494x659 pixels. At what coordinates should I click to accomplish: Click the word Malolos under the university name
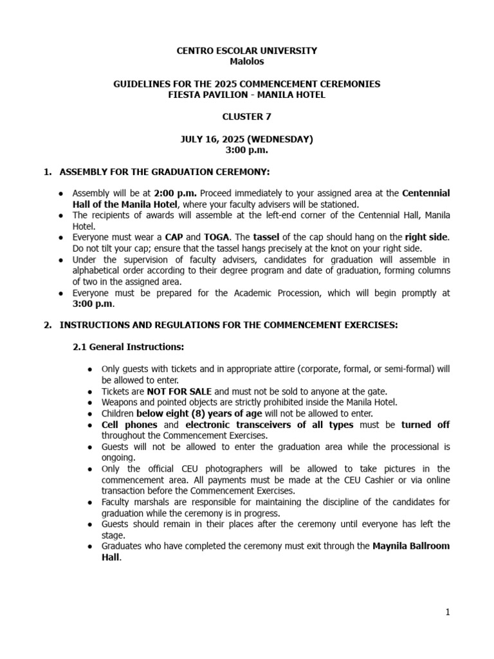point(247,62)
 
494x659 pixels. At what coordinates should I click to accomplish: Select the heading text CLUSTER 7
point(247,117)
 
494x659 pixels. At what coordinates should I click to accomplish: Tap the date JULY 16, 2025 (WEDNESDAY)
point(247,139)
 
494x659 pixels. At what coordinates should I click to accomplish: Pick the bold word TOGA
point(217,237)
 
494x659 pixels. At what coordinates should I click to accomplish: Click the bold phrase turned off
point(425,425)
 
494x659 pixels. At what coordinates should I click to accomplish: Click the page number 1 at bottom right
point(448,613)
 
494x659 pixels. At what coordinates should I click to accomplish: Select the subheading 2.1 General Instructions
point(128,347)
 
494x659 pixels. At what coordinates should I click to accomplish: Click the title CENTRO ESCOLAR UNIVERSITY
point(247,51)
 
